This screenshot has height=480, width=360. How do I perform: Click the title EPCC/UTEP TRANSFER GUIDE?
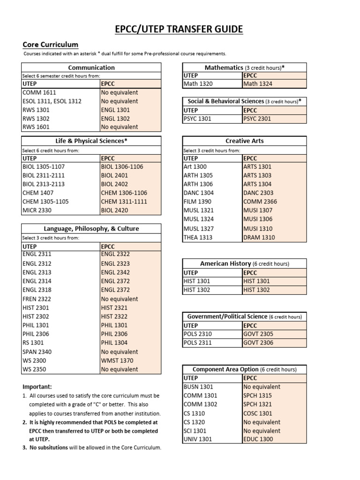[x=180, y=30]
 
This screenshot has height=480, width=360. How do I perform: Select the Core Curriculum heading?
[x=51, y=45]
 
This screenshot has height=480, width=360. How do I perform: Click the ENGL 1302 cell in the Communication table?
[x=115, y=118]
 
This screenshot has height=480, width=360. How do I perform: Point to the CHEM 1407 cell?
[x=38, y=193]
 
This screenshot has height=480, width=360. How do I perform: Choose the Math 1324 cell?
[x=257, y=84]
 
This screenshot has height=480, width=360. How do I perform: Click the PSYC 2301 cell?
[x=257, y=119]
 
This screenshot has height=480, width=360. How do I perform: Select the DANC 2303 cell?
[x=258, y=193]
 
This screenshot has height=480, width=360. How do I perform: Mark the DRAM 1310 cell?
[x=259, y=237]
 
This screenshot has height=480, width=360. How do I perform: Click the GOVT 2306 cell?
[x=258, y=343]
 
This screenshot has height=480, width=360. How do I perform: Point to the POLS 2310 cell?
[x=198, y=334]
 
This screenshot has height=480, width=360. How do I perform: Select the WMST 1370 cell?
[x=117, y=360]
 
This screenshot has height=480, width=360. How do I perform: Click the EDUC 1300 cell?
[x=258, y=439]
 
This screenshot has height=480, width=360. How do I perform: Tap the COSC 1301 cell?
[x=258, y=413]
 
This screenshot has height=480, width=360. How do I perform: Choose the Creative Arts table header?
[x=244, y=141]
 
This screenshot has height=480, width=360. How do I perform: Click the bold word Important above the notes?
[x=37, y=387]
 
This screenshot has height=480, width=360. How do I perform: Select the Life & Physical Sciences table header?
[x=91, y=141]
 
